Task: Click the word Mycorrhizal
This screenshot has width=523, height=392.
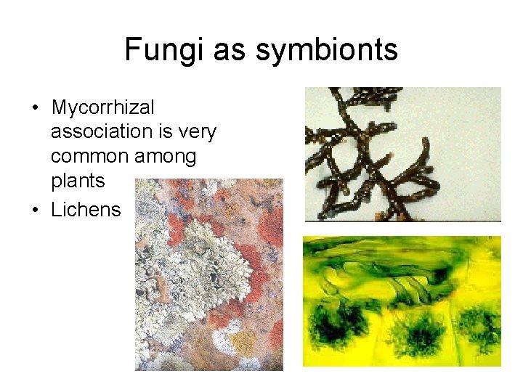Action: click(x=102, y=108)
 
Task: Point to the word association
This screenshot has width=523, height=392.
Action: click(x=99, y=132)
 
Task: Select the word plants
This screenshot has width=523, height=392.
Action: click(x=78, y=181)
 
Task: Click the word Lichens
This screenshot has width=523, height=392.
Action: click(x=86, y=210)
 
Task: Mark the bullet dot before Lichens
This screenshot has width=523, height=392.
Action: click(x=34, y=211)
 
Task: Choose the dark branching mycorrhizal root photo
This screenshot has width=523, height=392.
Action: click(x=402, y=154)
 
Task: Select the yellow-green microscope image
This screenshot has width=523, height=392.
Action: click(x=402, y=301)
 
